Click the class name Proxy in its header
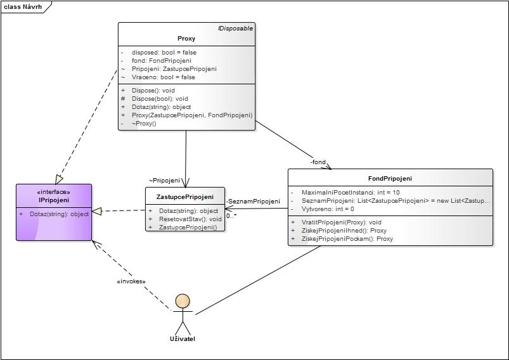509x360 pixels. point(186,39)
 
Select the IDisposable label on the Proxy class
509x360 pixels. point(235,29)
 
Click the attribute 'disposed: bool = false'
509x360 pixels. point(164,53)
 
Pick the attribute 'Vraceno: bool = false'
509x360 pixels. point(163,77)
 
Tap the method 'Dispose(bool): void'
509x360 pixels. point(160,99)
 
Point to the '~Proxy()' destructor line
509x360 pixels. point(144,124)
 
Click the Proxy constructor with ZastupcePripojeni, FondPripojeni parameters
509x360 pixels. point(191,115)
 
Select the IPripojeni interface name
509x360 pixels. point(54,200)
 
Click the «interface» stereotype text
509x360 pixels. point(54,192)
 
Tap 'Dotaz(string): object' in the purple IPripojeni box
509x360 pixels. point(59,214)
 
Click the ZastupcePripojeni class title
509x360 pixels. point(184,197)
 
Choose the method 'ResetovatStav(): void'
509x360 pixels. point(190,219)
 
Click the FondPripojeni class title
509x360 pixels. point(390,179)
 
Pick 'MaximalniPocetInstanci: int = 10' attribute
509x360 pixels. point(351,192)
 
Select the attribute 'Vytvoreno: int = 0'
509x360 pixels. point(328,209)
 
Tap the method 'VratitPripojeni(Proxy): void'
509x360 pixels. point(342,222)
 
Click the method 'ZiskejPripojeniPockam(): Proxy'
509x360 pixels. point(347,239)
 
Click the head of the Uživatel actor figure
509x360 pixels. point(183,302)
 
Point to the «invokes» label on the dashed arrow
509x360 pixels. point(131,281)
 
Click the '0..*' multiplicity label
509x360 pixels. point(231,215)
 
